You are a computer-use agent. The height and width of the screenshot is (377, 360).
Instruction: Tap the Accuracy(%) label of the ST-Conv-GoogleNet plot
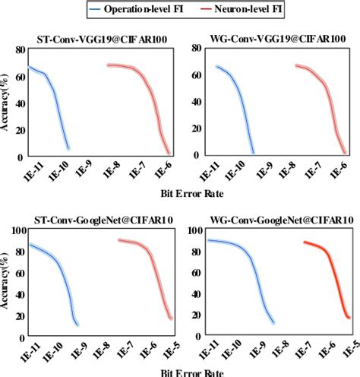tap(6, 283)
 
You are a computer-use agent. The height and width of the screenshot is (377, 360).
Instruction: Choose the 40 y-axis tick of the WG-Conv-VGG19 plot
tap(196, 101)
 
